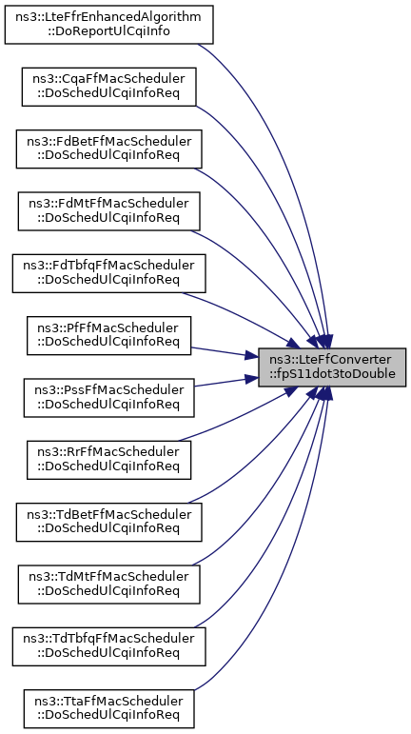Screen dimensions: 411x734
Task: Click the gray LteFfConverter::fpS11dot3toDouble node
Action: click(x=332, y=367)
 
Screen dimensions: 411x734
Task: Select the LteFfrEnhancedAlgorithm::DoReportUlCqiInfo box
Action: click(x=109, y=25)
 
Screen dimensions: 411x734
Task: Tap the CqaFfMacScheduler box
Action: click(x=109, y=87)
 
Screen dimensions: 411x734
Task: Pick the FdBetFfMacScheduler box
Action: click(x=109, y=149)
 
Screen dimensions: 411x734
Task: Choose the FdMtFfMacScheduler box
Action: click(x=109, y=211)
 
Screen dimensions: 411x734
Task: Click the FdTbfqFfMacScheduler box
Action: click(x=109, y=273)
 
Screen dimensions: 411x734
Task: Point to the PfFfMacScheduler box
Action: click(x=109, y=335)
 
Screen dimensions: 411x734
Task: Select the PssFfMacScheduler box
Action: click(x=109, y=398)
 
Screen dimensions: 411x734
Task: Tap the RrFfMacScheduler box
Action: click(x=109, y=460)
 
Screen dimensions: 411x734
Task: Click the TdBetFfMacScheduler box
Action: click(x=109, y=522)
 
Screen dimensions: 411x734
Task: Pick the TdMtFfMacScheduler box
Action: click(x=109, y=585)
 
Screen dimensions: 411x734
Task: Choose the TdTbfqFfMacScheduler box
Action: click(x=109, y=646)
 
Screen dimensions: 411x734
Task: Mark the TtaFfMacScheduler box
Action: click(x=109, y=708)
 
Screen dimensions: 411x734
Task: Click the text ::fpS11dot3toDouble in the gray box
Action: click(x=332, y=374)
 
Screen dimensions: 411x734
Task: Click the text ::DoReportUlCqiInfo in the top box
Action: click(x=109, y=31)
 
